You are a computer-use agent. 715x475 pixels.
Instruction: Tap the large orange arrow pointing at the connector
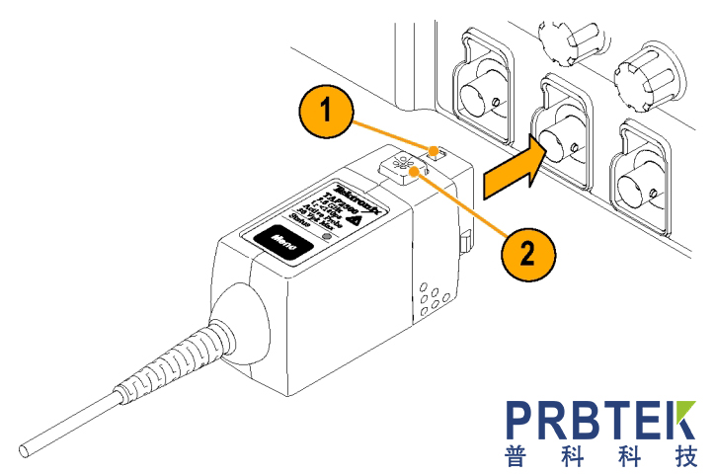pyautogui.click(x=516, y=166)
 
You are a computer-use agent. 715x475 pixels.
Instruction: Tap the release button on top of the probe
pyautogui.click(x=403, y=168)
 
